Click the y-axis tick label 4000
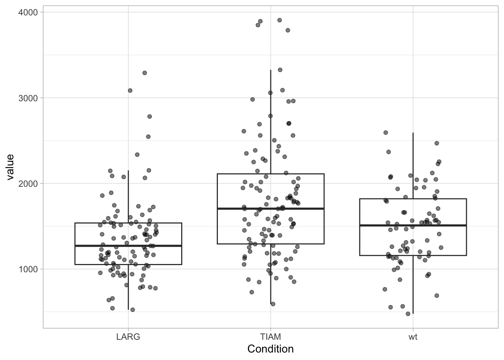[28, 12]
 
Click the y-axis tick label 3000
[28, 98]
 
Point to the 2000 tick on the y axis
[28, 183]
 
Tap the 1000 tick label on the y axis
[28, 269]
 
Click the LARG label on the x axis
[128, 337]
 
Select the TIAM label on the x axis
[270, 337]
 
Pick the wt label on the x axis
[413, 337]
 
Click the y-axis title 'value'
[10, 167]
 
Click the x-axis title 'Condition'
[270, 349]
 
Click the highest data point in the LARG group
[144, 73]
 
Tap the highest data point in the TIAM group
[279, 20]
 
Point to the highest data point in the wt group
[385, 132]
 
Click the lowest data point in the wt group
[408, 313]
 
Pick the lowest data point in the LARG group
[132, 310]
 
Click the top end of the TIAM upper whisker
[270, 70]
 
